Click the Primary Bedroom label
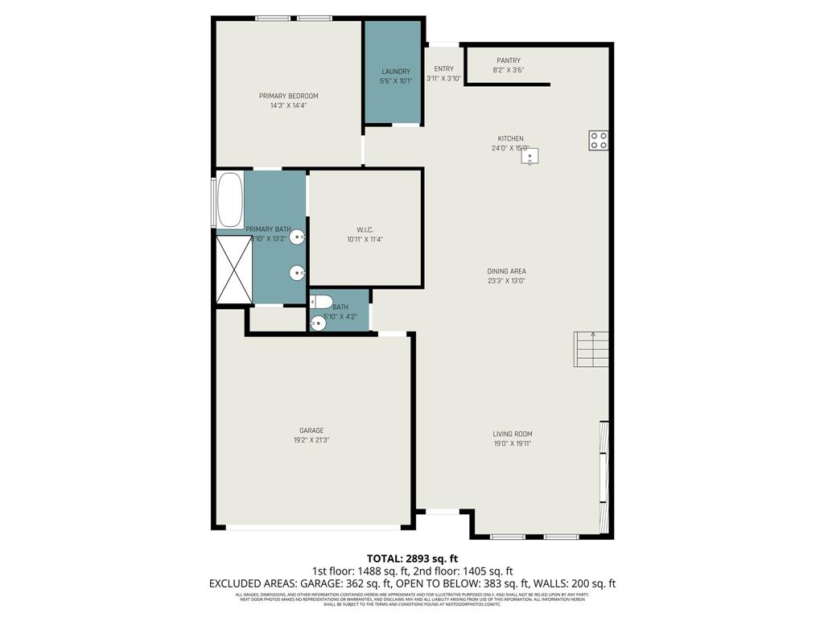(x=288, y=96)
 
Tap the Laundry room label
(x=395, y=72)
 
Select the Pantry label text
(x=508, y=60)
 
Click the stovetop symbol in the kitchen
(x=598, y=141)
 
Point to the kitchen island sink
(x=530, y=156)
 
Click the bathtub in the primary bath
(x=229, y=200)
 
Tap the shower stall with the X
(x=234, y=270)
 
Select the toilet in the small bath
(x=323, y=302)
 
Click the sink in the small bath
(x=318, y=323)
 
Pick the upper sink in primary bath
(x=297, y=237)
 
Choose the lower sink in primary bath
(x=297, y=274)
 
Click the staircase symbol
(x=591, y=349)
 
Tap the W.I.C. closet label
(x=365, y=229)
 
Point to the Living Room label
(x=513, y=434)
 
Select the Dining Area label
(x=506, y=271)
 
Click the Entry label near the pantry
(x=443, y=69)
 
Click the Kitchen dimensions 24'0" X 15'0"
(x=510, y=148)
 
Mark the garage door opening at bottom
(x=314, y=527)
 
